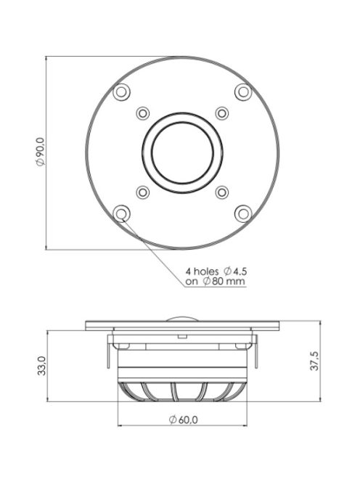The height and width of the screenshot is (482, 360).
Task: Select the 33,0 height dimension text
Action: click(x=41, y=365)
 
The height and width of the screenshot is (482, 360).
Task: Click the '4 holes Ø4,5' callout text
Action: click(x=214, y=272)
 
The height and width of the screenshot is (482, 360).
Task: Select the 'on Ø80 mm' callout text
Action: click(x=214, y=282)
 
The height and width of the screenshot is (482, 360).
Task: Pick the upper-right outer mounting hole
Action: click(x=242, y=91)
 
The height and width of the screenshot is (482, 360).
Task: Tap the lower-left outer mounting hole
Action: click(x=121, y=213)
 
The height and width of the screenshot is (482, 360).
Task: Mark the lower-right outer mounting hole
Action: click(x=242, y=213)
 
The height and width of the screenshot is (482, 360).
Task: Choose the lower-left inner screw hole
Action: click(x=142, y=192)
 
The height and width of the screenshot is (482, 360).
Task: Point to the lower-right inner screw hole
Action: click(x=221, y=192)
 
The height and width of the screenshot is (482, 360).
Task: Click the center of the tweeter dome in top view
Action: click(x=182, y=152)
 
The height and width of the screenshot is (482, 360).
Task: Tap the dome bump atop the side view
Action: click(x=182, y=319)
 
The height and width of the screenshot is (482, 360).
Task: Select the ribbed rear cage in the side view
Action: click(x=182, y=389)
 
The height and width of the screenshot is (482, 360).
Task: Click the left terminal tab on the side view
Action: click(x=107, y=346)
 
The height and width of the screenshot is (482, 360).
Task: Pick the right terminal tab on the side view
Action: click(x=257, y=346)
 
